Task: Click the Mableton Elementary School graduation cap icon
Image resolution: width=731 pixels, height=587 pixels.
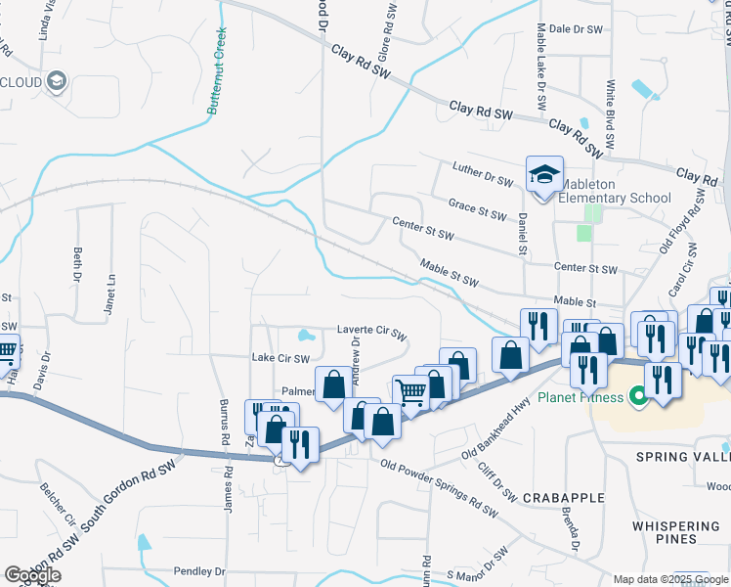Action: point(544,174)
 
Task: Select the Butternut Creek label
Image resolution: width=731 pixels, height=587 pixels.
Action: point(217,71)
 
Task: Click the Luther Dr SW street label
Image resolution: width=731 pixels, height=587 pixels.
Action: point(483,175)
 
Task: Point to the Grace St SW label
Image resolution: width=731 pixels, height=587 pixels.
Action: point(478,209)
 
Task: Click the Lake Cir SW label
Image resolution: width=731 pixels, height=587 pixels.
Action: point(280,358)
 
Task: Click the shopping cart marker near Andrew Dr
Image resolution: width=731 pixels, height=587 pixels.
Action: point(410,392)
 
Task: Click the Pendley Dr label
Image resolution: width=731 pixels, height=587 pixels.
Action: point(199,570)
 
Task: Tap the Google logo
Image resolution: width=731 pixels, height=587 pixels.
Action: point(33,575)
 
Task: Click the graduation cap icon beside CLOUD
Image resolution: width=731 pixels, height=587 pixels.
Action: point(57,81)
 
